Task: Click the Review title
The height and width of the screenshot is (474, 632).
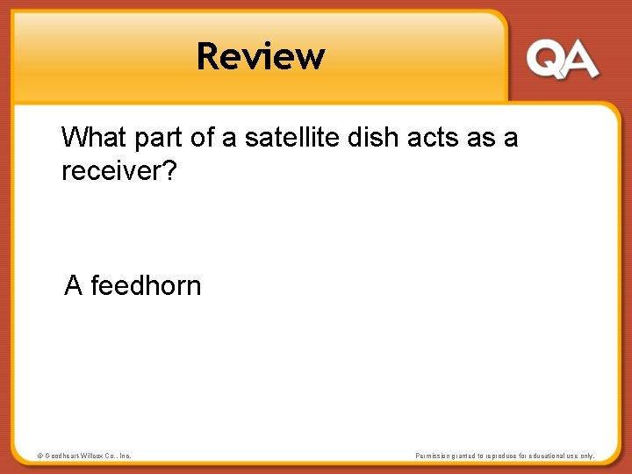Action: click(x=261, y=56)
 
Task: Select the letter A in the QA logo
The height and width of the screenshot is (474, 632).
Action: click(x=580, y=61)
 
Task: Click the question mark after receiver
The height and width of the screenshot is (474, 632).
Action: click(x=170, y=170)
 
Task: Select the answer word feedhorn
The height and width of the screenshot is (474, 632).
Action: click(x=146, y=285)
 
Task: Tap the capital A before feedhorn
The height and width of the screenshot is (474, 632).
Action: click(x=74, y=285)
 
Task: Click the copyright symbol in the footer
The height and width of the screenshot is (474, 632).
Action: click(x=40, y=456)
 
